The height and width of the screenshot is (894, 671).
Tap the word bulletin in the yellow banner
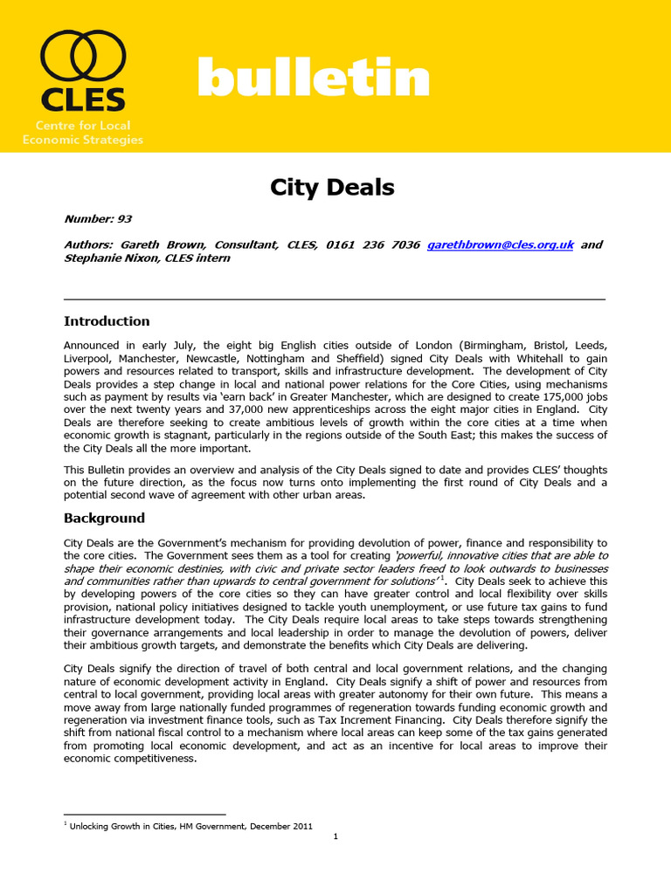pos(314,79)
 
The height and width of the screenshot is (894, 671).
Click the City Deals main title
pos(331,187)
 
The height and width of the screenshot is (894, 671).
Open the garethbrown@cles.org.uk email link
pos(500,245)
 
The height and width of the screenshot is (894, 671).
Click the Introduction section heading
pos(107,320)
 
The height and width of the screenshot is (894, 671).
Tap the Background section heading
pos(104,518)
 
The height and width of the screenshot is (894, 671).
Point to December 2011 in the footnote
pos(280,826)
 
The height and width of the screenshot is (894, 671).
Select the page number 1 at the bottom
pos(335,836)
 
